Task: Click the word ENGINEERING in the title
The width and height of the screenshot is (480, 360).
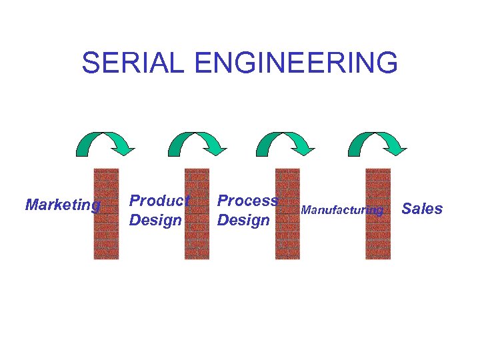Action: pos(297,63)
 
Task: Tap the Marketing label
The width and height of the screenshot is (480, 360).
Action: pos(62,205)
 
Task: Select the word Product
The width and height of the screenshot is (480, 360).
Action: pos(159,200)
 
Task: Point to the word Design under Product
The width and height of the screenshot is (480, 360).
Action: pos(155,220)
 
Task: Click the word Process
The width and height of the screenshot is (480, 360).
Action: pos(247,200)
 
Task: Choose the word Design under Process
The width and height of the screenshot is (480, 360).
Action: pos(243,220)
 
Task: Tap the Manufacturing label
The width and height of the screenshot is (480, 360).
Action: pos(342,211)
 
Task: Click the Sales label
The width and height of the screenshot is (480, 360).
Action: pos(422,209)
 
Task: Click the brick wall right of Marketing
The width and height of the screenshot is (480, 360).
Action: pos(106,213)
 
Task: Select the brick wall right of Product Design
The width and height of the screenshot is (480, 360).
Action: pos(197,213)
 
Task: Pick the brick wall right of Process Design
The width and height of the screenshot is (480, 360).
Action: pos(288,213)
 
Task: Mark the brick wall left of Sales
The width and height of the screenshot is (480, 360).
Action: pos(378,213)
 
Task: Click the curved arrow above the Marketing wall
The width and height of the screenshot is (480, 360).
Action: pos(105,142)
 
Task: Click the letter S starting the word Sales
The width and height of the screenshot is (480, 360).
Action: pos(407,209)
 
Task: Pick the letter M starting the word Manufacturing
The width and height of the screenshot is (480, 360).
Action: pos(305,211)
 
